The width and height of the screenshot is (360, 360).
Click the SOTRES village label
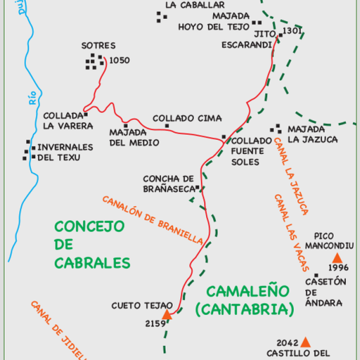(97, 46)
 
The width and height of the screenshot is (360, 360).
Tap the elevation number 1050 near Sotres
(120, 61)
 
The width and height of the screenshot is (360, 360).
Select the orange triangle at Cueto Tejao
(167, 315)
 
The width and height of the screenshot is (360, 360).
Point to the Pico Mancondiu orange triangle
(337, 258)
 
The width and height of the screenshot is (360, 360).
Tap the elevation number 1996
(339, 268)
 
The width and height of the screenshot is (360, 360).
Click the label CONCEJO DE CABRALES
(92, 244)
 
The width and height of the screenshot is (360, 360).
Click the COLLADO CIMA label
(187, 119)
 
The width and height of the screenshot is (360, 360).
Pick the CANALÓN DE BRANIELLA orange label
(152, 220)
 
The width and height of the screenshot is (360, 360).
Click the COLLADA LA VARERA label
(68, 121)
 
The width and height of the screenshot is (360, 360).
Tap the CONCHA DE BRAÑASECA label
(168, 184)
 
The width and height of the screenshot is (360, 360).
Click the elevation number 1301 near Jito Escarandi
(292, 31)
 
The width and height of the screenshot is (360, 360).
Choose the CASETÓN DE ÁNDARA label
(325, 292)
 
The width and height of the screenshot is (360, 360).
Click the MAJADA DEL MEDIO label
(134, 137)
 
